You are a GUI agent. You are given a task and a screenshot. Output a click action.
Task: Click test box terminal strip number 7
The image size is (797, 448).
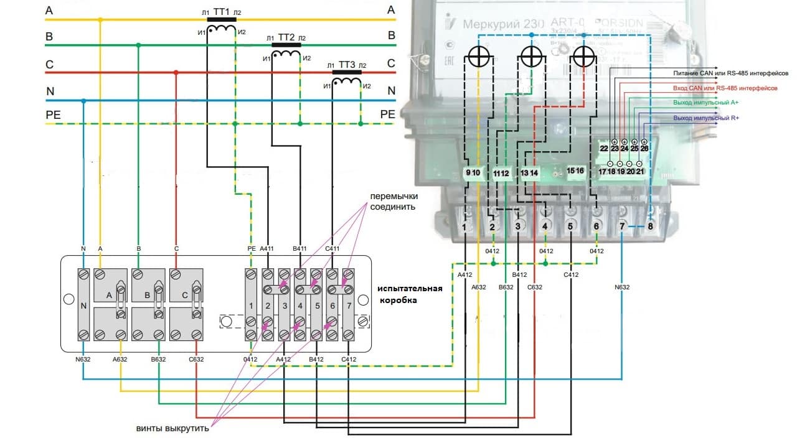(349, 306)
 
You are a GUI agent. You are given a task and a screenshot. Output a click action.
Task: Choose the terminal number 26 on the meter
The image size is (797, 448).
(644, 148)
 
